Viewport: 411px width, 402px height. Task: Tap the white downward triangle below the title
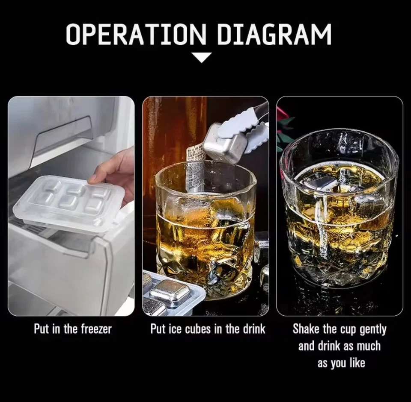click(202, 57)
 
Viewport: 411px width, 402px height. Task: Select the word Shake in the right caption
click(307, 329)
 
